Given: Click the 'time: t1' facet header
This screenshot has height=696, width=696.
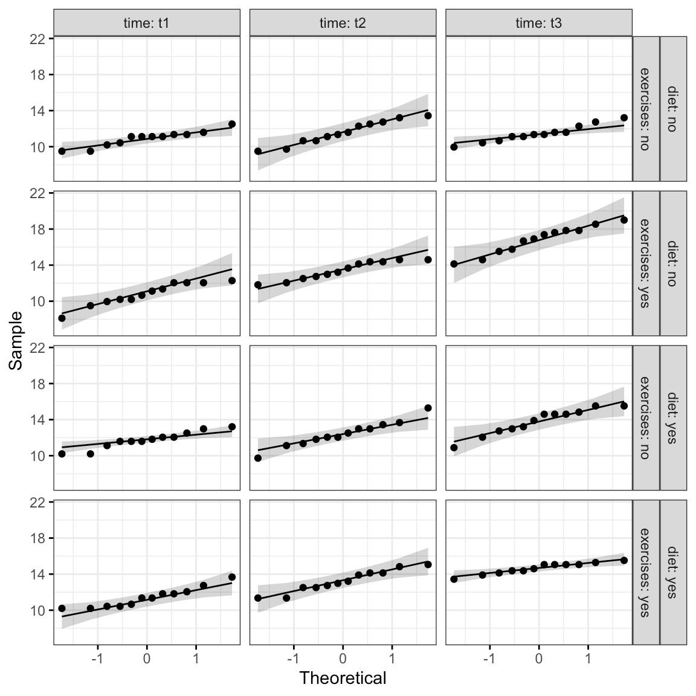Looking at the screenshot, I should [147, 24].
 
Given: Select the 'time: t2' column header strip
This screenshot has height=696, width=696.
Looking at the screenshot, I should [343, 24].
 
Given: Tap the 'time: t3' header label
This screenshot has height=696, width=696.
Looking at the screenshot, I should [538, 24].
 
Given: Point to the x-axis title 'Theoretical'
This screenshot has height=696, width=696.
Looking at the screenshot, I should [343, 678].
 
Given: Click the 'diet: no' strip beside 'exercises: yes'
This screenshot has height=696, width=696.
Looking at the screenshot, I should [673, 263].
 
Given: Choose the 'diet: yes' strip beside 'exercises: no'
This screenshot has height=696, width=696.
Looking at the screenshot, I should [673, 417].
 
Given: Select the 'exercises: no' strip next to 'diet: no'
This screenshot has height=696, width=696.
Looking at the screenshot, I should [646, 109].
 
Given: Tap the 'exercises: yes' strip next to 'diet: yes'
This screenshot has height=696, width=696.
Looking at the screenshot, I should [646, 572].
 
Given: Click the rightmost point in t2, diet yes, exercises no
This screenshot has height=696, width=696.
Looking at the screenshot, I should [428, 408].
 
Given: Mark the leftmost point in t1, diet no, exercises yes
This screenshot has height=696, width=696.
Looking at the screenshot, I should [62, 318].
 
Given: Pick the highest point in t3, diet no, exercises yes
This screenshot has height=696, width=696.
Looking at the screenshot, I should [624, 220].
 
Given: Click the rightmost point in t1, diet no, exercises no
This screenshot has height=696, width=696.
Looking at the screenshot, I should [232, 124].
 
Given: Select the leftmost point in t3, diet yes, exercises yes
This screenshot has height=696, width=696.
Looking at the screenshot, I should [454, 579].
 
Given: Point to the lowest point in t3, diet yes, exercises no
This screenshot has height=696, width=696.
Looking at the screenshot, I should [454, 448].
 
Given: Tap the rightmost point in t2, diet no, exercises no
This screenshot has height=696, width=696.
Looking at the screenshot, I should [428, 115].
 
